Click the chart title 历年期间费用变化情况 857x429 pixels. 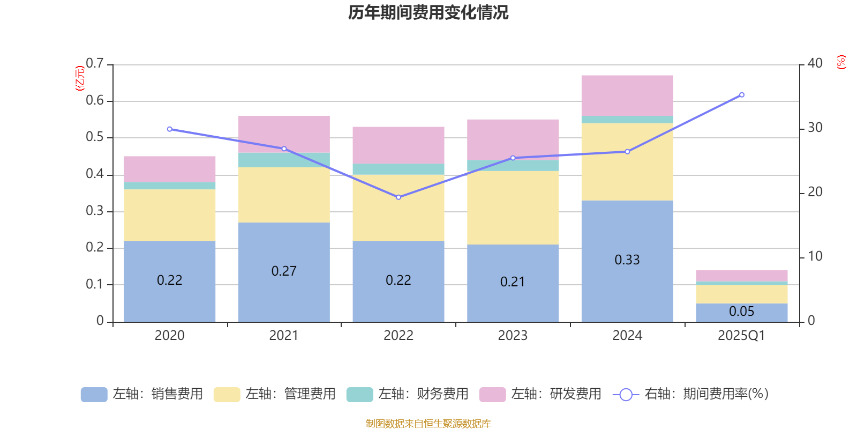[428, 12]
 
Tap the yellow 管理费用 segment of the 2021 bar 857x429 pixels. [284, 195]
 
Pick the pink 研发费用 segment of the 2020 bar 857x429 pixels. [169, 169]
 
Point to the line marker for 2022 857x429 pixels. [399, 197]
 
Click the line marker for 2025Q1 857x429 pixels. [742, 95]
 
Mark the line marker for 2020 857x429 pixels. [169, 129]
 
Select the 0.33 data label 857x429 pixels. [627, 260]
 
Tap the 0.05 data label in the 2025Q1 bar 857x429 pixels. [741, 312]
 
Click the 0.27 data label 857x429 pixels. [284, 271]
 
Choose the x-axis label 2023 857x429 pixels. [513, 336]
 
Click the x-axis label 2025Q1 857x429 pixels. [741, 336]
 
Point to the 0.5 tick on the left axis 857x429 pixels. [95, 137]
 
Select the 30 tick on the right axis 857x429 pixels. [815, 128]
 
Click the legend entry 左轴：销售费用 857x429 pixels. [142, 394]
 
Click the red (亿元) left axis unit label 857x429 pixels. [80, 78]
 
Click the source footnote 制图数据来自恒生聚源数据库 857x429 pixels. [428, 424]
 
